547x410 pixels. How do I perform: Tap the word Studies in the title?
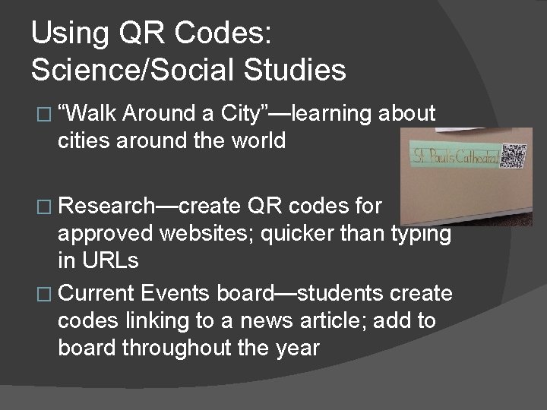click(299, 70)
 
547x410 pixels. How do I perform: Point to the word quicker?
click(293, 234)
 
